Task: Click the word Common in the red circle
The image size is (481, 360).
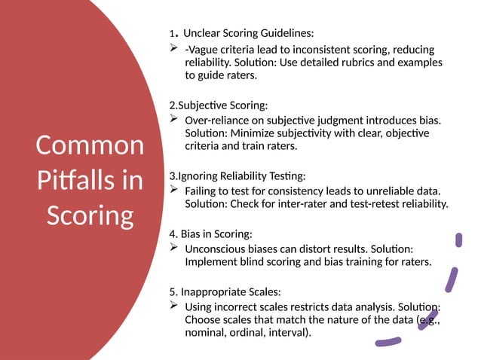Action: pos(90,145)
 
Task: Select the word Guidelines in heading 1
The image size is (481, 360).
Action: pos(283,33)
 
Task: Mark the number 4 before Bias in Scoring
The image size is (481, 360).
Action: pos(173,233)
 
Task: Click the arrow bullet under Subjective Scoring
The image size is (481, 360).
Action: pos(173,120)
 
